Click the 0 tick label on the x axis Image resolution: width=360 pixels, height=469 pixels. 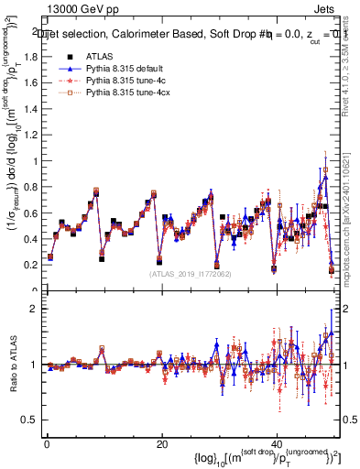coord(46,443)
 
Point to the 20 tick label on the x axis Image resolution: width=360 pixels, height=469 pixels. coord(161,443)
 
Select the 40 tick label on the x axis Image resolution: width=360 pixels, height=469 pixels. coord(277,443)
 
